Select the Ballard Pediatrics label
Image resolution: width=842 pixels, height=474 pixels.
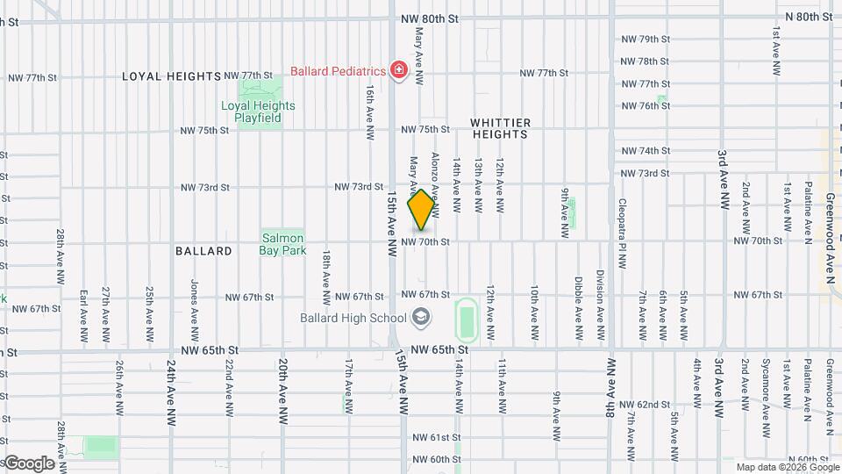(x=339, y=70)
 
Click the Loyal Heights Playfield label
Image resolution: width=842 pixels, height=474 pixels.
(x=258, y=111)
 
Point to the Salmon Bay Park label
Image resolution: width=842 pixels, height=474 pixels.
(x=282, y=243)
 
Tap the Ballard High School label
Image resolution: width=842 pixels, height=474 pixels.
(x=352, y=318)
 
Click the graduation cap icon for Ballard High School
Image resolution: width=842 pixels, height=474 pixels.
(x=421, y=318)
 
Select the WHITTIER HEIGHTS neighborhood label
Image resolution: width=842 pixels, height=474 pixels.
(x=501, y=128)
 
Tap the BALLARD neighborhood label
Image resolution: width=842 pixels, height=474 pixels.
(x=203, y=251)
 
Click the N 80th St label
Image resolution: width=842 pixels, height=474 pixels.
(x=808, y=17)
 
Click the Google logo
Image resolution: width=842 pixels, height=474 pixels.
(x=28, y=463)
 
